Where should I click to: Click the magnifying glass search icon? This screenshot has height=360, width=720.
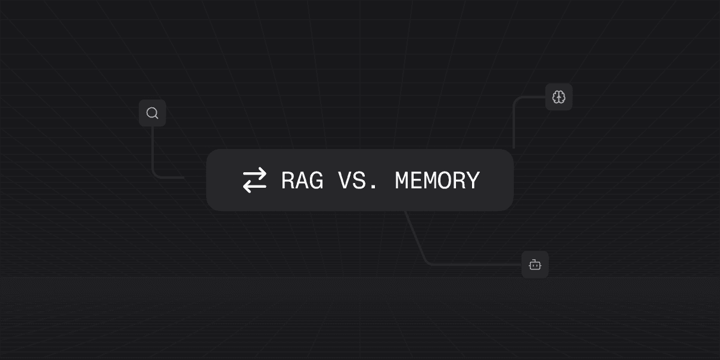pyautogui.click(x=153, y=113)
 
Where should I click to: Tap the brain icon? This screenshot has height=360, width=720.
pyautogui.click(x=558, y=97)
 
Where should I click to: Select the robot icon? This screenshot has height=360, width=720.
pyautogui.click(x=535, y=265)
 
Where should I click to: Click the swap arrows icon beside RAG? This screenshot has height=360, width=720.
pyautogui.click(x=255, y=180)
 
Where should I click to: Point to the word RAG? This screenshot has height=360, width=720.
pyautogui.click(x=302, y=180)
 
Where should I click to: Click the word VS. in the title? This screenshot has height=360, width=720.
pyautogui.click(x=358, y=180)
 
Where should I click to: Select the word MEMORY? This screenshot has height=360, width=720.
pyautogui.click(x=437, y=180)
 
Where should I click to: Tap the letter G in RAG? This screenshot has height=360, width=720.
pyautogui.click(x=316, y=180)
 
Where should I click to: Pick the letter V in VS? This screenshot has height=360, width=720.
pyautogui.click(x=345, y=180)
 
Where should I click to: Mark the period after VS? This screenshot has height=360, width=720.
pyautogui.click(x=373, y=187)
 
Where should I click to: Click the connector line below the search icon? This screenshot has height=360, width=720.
pyautogui.click(x=153, y=152)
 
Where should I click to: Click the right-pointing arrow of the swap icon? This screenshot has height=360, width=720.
pyautogui.click(x=255, y=174)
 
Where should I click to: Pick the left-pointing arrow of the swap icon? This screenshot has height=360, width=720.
pyautogui.click(x=255, y=187)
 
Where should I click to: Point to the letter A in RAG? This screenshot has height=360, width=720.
pyautogui.click(x=302, y=180)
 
